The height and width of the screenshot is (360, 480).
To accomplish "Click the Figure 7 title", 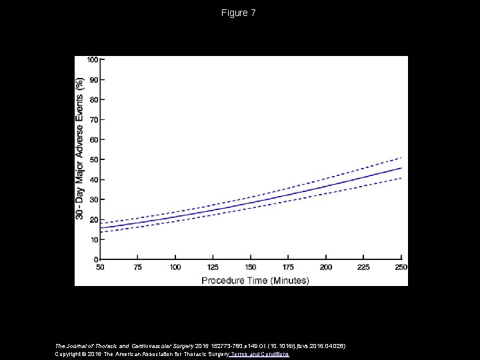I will (x=240, y=13).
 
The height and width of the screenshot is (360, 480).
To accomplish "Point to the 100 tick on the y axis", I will (x=92, y=59).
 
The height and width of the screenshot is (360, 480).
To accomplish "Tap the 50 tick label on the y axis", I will (x=94, y=159).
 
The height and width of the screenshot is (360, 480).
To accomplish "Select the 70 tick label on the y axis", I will (x=94, y=119).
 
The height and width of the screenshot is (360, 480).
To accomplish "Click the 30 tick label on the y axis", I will (x=94, y=199).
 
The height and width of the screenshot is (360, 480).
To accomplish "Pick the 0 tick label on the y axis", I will (x=97, y=259).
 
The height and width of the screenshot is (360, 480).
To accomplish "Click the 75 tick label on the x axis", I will (x=137, y=267).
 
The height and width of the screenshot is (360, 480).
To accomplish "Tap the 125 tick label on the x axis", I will (x=213, y=267).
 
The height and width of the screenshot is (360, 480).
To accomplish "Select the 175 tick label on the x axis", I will (x=288, y=267).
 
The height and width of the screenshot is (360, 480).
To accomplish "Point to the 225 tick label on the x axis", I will (x=363, y=267).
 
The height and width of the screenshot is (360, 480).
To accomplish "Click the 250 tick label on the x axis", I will (x=400, y=267).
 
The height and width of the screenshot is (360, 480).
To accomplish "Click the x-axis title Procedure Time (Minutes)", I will (x=255, y=280).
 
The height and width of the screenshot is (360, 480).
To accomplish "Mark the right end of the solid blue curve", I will (x=401, y=168).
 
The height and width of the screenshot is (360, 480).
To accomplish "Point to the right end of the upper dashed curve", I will (x=401, y=157).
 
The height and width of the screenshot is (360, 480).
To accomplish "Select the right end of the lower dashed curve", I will (x=401, y=178).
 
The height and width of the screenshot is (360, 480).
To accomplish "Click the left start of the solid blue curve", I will (x=100, y=228).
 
